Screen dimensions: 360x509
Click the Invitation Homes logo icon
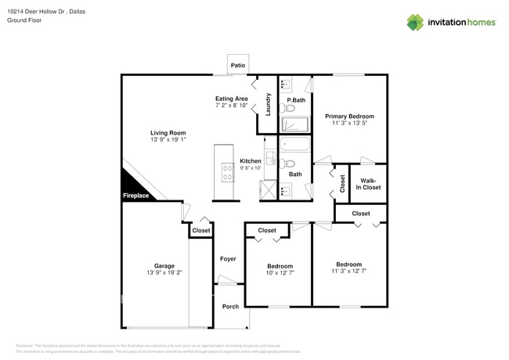[x=415, y=22]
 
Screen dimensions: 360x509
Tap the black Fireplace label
[x=135, y=196]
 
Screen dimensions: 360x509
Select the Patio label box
[x=238, y=66]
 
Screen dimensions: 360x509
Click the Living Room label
[x=168, y=132]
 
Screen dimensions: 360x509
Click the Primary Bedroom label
[x=348, y=116]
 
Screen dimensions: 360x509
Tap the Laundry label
[x=268, y=105]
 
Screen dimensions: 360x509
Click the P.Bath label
[x=296, y=100]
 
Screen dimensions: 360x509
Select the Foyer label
[x=227, y=258]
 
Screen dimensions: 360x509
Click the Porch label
[x=230, y=306]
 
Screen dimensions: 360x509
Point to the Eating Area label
[x=232, y=99]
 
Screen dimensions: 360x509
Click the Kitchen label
[x=251, y=160]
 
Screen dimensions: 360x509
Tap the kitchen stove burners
[x=227, y=172]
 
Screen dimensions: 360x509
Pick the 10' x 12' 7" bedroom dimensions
[x=280, y=272]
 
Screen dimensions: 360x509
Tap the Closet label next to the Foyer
[x=201, y=231]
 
